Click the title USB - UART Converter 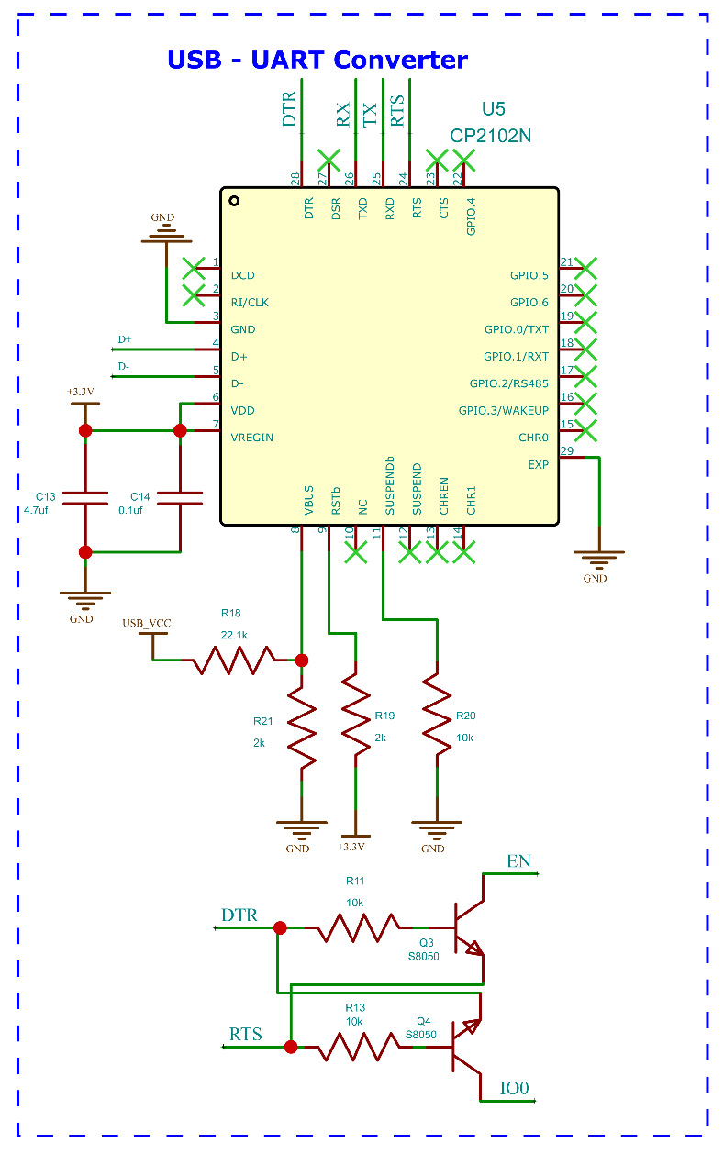pyautogui.click(x=317, y=61)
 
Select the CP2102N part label pyautogui.click(x=491, y=136)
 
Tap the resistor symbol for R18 pyautogui.click(x=235, y=660)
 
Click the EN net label pyautogui.click(x=518, y=861)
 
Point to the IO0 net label pyautogui.click(x=515, y=1089)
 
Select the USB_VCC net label pyautogui.click(x=147, y=624)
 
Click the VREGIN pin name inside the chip pyautogui.click(x=252, y=438)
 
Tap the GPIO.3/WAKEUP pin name pyautogui.click(x=503, y=410)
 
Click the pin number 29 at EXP pyautogui.click(x=567, y=450)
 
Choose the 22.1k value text pyautogui.click(x=235, y=635)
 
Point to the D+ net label pyautogui.click(x=125, y=339)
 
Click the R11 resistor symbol pyautogui.click(x=358, y=927)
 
